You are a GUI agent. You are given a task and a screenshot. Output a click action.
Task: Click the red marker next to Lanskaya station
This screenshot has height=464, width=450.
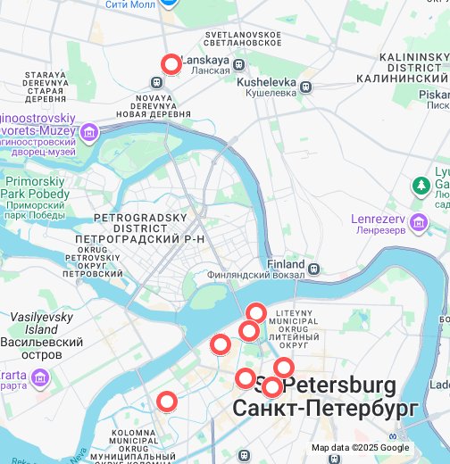point(171,64)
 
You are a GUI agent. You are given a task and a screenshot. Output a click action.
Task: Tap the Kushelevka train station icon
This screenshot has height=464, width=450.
point(306,87)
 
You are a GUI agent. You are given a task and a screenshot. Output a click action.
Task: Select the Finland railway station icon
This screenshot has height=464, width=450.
point(313,266)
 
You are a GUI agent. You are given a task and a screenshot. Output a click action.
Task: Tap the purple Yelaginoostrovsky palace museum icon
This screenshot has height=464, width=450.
point(89,133)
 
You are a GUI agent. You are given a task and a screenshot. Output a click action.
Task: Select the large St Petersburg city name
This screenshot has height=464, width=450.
point(326,397)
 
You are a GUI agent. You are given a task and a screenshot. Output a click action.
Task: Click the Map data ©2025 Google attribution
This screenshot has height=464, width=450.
point(360,448)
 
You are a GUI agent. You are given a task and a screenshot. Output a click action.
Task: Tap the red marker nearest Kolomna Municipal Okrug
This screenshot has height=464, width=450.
point(167,402)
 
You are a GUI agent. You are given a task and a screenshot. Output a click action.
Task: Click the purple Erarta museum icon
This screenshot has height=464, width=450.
point(39,379)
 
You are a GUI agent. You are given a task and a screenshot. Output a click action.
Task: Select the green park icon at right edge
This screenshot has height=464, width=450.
point(421,186)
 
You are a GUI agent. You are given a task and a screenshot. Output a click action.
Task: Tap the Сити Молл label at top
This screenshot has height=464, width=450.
point(132,4)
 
